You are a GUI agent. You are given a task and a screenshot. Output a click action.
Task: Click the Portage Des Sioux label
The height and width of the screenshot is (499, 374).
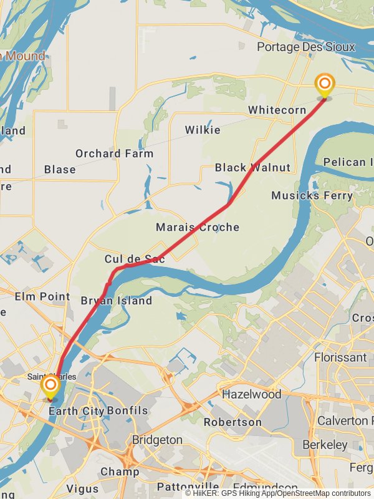306,47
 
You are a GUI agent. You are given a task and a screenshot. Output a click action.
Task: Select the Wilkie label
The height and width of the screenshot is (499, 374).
203,130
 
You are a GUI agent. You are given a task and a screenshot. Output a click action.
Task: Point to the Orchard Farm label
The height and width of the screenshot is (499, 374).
114,153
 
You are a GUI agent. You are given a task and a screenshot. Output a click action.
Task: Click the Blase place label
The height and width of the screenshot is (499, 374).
60,169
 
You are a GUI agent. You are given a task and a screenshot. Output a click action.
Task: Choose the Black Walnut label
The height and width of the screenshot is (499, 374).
252,167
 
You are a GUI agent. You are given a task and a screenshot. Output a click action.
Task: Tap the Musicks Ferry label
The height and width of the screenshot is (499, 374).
312,195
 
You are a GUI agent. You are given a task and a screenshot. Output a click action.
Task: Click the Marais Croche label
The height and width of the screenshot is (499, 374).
198,227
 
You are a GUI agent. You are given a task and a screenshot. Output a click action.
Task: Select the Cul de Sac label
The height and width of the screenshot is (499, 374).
135,259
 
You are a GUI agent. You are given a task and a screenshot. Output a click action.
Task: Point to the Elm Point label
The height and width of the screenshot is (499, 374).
42,296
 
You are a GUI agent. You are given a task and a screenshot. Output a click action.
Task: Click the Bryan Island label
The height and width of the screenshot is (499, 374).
117,301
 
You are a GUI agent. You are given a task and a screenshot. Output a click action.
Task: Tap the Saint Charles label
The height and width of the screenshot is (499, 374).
52,377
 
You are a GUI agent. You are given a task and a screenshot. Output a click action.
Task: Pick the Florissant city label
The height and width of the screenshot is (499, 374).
340,357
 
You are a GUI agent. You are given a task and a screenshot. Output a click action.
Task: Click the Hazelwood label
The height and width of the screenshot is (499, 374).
252,394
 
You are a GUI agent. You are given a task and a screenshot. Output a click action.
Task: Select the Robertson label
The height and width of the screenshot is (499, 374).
233,422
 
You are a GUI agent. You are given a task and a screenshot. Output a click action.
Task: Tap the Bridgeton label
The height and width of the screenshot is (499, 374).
157,440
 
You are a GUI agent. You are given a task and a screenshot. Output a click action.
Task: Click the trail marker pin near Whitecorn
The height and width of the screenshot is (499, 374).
324,85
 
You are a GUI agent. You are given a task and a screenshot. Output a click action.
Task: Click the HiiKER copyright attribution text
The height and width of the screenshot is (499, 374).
277,493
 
